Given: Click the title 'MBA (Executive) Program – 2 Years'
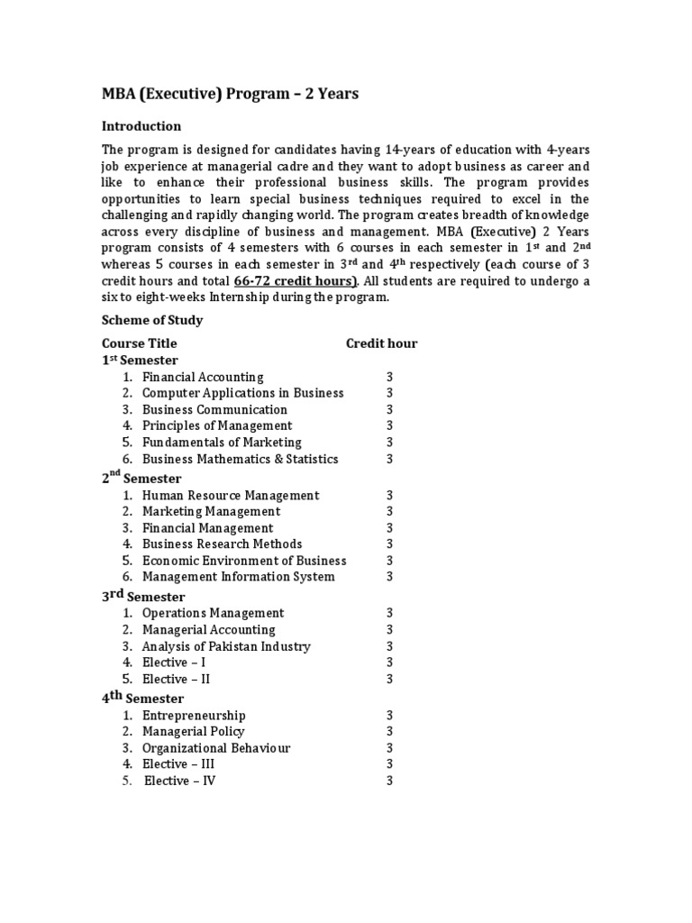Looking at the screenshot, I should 230,94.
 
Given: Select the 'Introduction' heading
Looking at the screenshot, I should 141,126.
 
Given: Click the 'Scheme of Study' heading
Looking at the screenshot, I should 152,320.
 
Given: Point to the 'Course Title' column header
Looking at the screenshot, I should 140,343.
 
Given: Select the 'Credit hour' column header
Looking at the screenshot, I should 382,343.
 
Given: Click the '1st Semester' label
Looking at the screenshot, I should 140,360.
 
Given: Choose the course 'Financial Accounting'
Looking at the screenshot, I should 203,377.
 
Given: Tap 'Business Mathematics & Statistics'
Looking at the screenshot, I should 241,459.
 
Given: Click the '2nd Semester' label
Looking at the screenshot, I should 141,478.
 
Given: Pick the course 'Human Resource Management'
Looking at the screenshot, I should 231,495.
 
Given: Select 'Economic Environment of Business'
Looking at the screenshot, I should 244,560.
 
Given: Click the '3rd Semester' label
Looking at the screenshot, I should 143,596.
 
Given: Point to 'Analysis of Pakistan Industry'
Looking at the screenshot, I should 226,646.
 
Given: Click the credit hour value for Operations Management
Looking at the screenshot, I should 390,613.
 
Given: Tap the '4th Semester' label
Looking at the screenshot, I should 142,698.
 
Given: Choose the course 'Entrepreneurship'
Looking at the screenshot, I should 194,716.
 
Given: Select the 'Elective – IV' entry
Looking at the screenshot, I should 180,781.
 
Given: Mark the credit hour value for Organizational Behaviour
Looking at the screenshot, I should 390,748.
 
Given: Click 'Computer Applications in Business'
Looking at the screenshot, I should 243,393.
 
